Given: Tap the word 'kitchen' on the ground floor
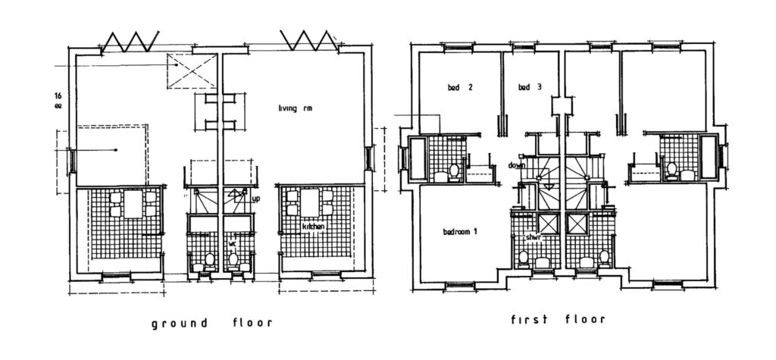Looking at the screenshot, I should pos(314,227).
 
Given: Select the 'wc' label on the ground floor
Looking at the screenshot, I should pos(233,243).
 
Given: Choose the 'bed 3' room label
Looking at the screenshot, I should pos(530,88).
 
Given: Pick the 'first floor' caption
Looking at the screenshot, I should pos(559,319).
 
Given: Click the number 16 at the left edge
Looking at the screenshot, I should pos(58,96).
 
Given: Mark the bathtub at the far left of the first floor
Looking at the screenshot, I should pos(418,159).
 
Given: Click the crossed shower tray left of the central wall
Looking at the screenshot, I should pos(546,224).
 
